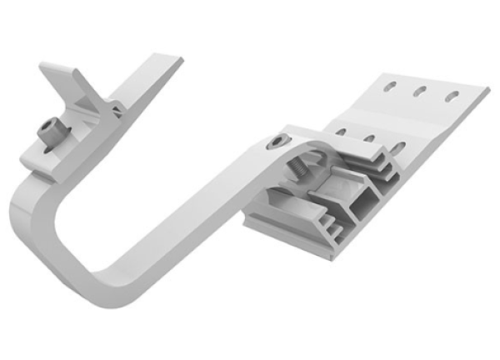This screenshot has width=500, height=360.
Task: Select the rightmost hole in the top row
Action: tap(451, 97)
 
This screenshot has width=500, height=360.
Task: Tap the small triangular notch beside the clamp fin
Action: tap(117, 108)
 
